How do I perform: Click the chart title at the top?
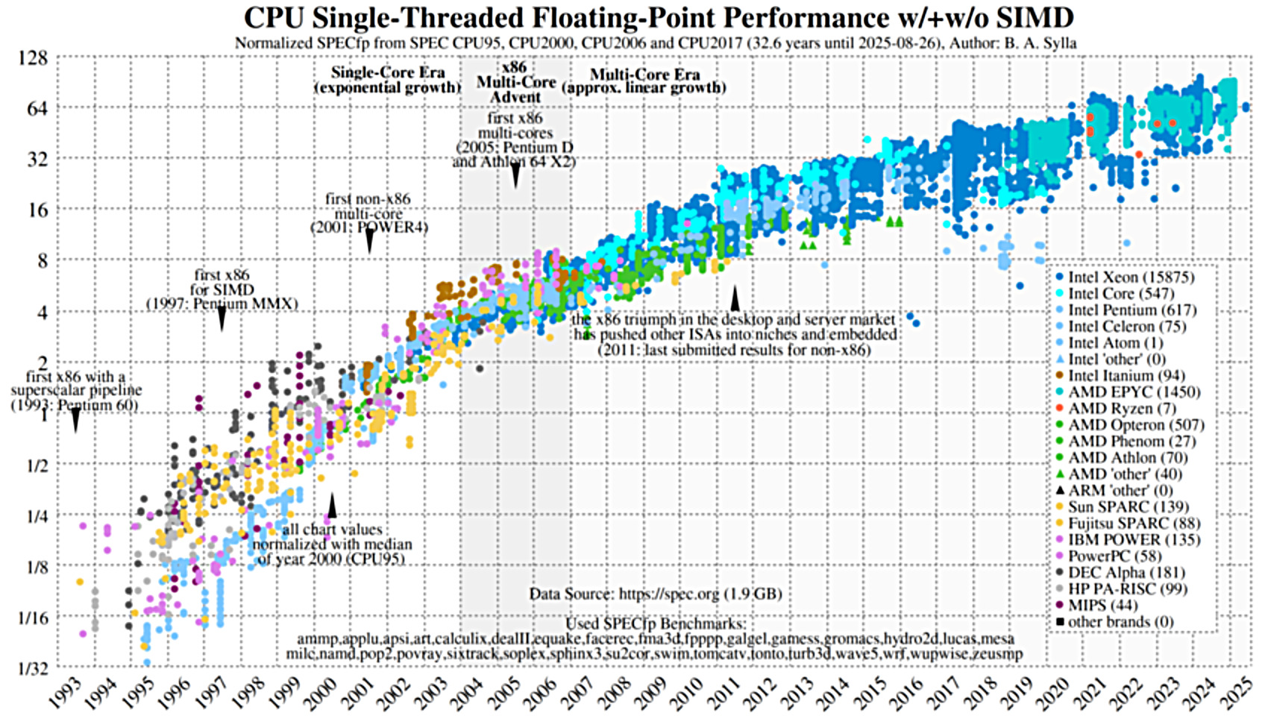click(x=659, y=17)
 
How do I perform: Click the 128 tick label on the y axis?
click(x=32, y=57)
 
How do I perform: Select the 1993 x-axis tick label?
click(x=65, y=692)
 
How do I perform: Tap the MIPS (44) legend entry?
click(x=1103, y=606)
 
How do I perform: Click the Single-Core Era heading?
click(x=388, y=73)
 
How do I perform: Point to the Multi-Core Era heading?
click(x=644, y=75)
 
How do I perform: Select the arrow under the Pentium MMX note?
click(x=222, y=320)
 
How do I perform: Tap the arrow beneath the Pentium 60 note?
click(x=75, y=421)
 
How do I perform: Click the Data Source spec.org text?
click(x=656, y=594)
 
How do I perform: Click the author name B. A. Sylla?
click(x=1040, y=43)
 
